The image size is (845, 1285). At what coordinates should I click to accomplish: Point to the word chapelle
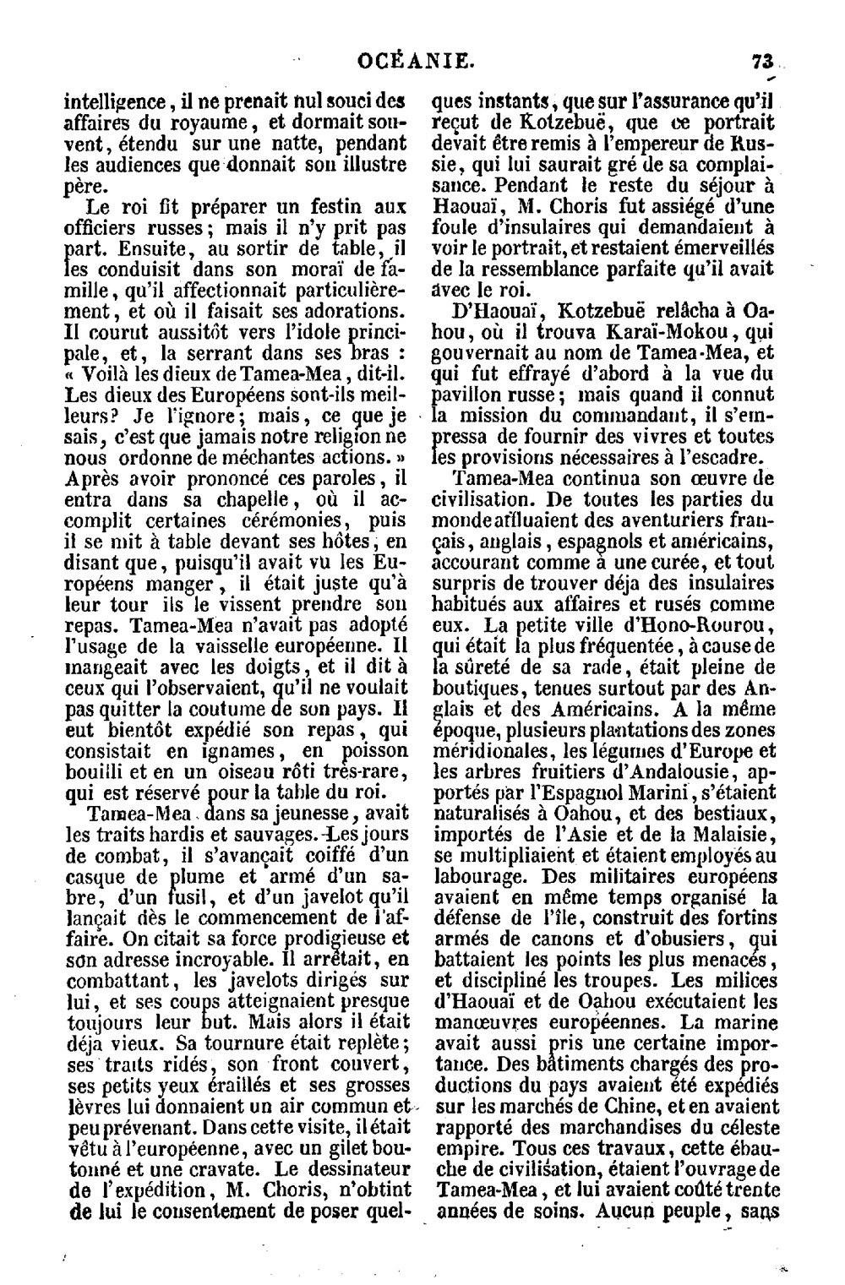[x=212, y=498]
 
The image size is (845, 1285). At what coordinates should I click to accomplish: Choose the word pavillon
[x=467, y=395]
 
